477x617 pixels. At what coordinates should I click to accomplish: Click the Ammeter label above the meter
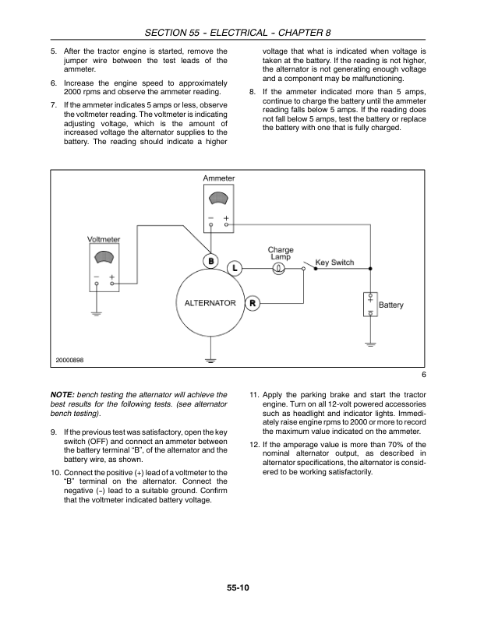pyautogui.click(x=218, y=178)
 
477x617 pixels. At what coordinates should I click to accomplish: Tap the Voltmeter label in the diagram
pyautogui.click(x=104, y=240)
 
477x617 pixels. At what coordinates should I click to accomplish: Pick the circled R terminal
pyautogui.click(x=253, y=303)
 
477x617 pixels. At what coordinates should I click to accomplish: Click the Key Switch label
pyautogui.click(x=334, y=263)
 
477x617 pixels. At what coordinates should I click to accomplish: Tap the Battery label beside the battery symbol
pyautogui.click(x=391, y=305)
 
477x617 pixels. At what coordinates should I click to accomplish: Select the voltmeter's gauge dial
pyautogui.click(x=104, y=259)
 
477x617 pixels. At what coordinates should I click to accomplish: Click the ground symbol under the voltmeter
pyautogui.click(x=97, y=313)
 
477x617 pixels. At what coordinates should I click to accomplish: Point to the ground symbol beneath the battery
pyautogui.click(x=371, y=343)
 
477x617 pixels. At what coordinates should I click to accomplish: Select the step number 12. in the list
pyautogui.click(x=254, y=442)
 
